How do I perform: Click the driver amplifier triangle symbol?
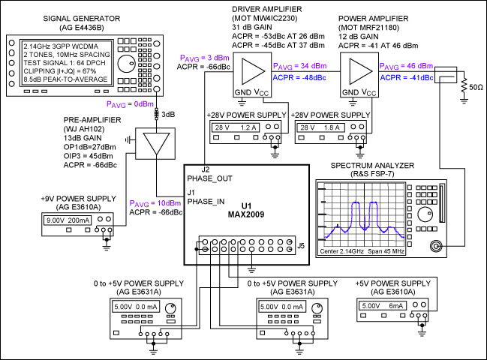252,71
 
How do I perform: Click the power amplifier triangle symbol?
359,71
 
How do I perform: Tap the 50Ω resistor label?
476,87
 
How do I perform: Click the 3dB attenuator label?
168,115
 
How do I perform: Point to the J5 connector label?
301,246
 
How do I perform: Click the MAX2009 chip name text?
246,214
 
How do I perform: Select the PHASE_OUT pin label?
209,178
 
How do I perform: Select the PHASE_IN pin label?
206,202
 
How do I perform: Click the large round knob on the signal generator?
127,64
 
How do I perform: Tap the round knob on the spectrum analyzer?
425,214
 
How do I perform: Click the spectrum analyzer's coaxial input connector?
436,246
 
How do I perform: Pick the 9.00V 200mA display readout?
68,220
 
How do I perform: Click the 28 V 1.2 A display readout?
236,127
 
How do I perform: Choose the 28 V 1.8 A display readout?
320,127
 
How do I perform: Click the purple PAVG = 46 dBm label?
406,66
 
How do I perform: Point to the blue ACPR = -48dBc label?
299,77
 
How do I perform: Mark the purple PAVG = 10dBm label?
155,203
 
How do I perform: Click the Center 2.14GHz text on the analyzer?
341,251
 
